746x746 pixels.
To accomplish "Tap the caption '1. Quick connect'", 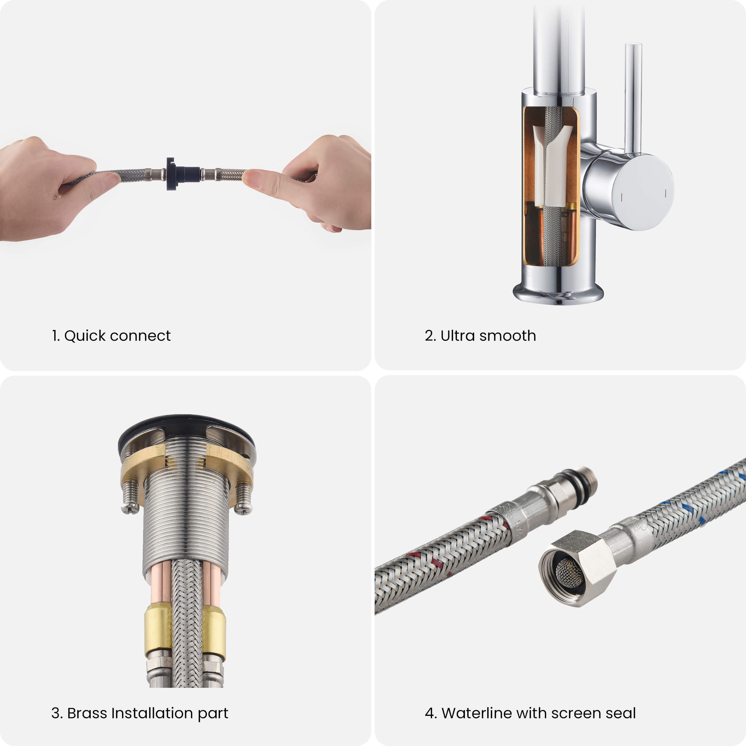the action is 111,335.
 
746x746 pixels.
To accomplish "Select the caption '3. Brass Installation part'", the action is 140,713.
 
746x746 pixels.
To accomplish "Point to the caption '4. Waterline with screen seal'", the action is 530,713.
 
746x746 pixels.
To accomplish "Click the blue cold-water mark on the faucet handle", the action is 666,193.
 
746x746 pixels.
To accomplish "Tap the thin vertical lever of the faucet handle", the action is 633,98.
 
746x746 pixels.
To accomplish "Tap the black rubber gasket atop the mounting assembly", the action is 186,429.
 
